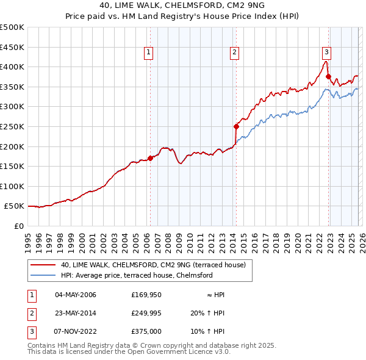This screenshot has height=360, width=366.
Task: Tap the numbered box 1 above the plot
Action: coord(149,52)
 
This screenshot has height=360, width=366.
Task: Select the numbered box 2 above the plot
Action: coord(235,52)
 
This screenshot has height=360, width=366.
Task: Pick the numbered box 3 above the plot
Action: coord(327,52)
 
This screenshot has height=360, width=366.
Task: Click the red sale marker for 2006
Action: coord(150,158)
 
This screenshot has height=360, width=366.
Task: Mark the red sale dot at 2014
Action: coord(236,127)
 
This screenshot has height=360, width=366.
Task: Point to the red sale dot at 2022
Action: coord(328,77)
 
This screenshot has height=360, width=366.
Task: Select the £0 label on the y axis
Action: coord(18,226)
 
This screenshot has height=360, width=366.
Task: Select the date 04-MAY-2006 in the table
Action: coord(76,295)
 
